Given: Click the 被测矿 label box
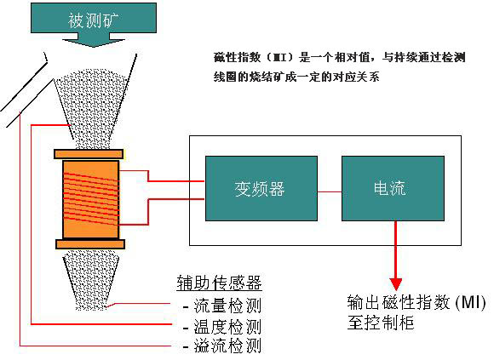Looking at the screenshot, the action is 94,18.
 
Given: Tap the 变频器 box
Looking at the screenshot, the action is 261,188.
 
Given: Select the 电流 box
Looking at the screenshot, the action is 393,188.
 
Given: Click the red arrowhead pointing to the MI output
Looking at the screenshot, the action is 396,284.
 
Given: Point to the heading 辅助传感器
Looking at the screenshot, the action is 219,283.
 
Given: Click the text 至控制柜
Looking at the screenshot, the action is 381,323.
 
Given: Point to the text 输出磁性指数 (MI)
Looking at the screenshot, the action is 416,302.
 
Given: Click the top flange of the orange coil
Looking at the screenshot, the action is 89,154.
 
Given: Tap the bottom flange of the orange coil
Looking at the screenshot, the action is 90,244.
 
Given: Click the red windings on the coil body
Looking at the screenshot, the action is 91,199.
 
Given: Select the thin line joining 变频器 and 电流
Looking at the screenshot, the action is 330,191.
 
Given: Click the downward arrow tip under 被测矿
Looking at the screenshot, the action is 93,47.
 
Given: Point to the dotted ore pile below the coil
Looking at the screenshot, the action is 91,280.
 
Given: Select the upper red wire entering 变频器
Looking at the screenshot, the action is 162,176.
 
